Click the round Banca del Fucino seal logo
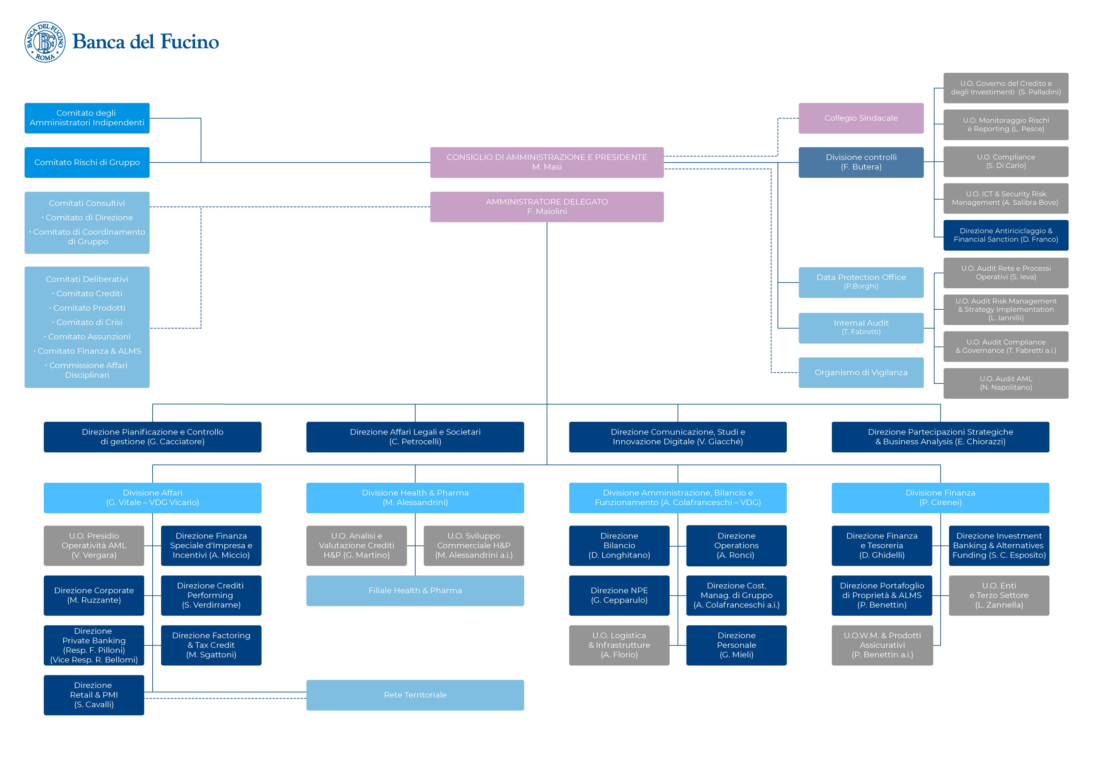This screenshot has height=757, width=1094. click(45, 42)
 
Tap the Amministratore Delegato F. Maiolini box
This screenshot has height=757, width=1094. click(547, 207)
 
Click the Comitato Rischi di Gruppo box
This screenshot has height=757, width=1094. click(87, 162)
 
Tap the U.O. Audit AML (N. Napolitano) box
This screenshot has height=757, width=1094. click(1006, 383)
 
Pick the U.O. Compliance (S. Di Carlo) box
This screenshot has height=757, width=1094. click(1006, 162)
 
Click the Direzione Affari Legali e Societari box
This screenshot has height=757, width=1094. click(415, 437)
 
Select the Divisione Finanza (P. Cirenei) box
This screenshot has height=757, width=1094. click(940, 497)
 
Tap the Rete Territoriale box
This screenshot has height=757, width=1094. click(415, 695)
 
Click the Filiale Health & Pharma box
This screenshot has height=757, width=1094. click(415, 591)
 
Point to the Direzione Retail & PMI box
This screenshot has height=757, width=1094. click(94, 695)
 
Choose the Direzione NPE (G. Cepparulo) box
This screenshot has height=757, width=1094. click(619, 595)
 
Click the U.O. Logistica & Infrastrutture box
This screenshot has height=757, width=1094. click(619, 645)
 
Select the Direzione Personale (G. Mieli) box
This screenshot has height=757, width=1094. click(736, 645)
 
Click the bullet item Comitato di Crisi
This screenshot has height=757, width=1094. click(87, 322)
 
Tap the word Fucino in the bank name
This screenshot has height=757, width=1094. click(190, 42)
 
